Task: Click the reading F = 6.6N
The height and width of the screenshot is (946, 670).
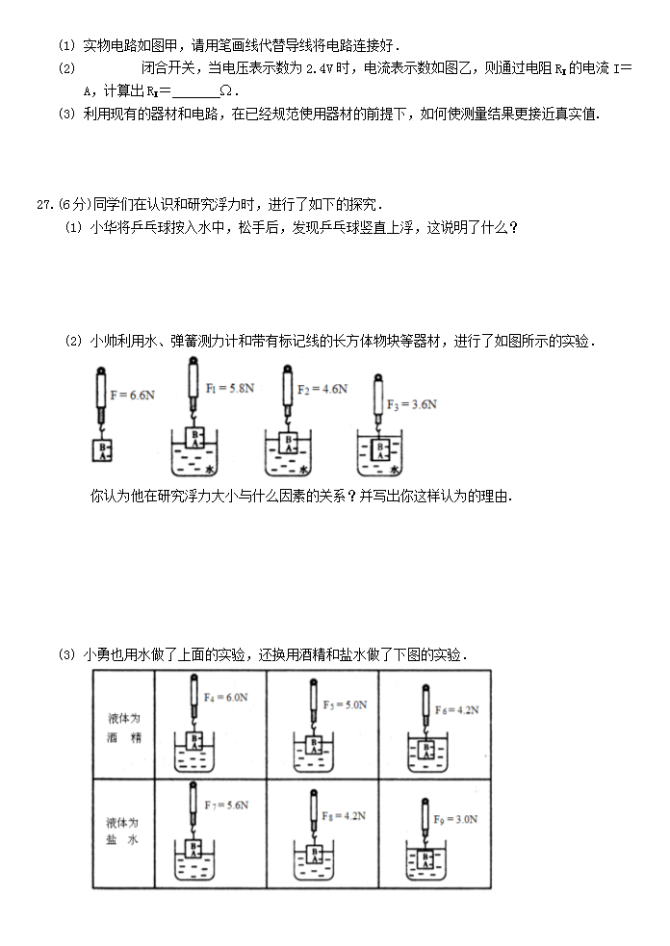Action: pyautogui.click(x=133, y=395)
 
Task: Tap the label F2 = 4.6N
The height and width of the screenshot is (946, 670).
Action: pyautogui.click(x=322, y=390)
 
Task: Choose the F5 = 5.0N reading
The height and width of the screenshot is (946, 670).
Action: pyautogui.click(x=345, y=704)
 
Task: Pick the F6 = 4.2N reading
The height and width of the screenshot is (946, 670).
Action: pyautogui.click(x=456, y=709)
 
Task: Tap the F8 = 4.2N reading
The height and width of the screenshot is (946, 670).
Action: pyautogui.click(x=345, y=815)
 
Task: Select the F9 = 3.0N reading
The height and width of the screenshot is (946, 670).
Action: pyautogui.click(x=456, y=819)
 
